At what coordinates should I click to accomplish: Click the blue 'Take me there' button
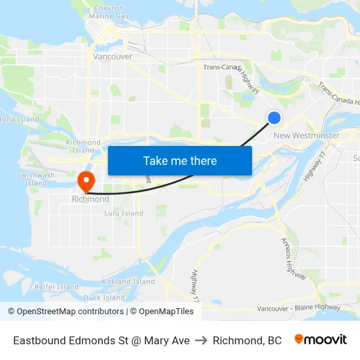(x=180, y=160)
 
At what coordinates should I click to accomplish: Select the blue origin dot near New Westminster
(x=274, y=118)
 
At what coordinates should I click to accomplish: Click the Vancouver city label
(x=113, y=56)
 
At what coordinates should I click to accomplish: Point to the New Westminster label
(x=306, y=135)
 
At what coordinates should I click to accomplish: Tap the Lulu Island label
(x=124, y=213)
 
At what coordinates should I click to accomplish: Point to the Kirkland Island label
(x=128, y=281)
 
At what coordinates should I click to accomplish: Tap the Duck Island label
(x=104, y=297)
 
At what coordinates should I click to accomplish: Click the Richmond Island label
(x=83, y=146)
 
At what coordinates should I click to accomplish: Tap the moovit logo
(x=320, y=340)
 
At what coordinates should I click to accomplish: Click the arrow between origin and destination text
(x=201, y=340)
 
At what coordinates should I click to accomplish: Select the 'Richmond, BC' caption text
(x=247, y=340)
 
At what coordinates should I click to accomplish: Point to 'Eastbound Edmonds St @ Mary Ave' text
(x=101, y=340)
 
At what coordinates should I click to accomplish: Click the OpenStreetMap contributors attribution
(x=66, y=312)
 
